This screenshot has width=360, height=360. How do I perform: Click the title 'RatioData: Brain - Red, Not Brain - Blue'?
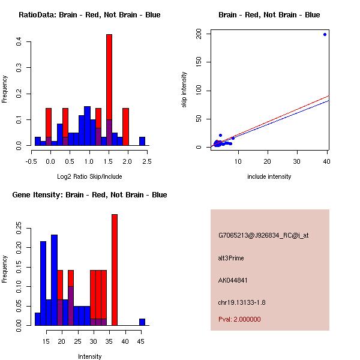click(x=89, y=15)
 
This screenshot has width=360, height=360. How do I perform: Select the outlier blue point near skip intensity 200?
click(x=325, y=34)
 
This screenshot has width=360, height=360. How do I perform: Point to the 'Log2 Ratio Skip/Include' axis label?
click(x=89, y=176)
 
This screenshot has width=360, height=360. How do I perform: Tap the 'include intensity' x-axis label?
click(x=269, y=176)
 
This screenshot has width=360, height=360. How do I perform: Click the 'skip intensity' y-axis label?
click(x=184, y=90)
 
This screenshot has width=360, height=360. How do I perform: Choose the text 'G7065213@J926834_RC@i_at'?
click(x=263, y=236)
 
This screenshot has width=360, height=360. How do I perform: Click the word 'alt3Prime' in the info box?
click(x=231, y=258)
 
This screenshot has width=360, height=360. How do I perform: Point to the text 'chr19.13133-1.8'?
click(x=241, y=302)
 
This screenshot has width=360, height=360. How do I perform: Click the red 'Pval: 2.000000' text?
click(x=239, y=319)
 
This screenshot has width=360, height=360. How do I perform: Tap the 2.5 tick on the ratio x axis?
click(x=148, y=161)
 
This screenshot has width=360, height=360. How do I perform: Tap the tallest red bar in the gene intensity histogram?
click(x=114, y=270)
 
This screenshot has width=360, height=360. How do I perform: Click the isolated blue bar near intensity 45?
click(x=142, y=322)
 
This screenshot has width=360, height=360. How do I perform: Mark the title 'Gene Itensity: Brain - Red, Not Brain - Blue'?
click(x=92, y=195)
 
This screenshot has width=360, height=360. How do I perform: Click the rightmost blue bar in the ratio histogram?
click(x=142, y=142)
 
